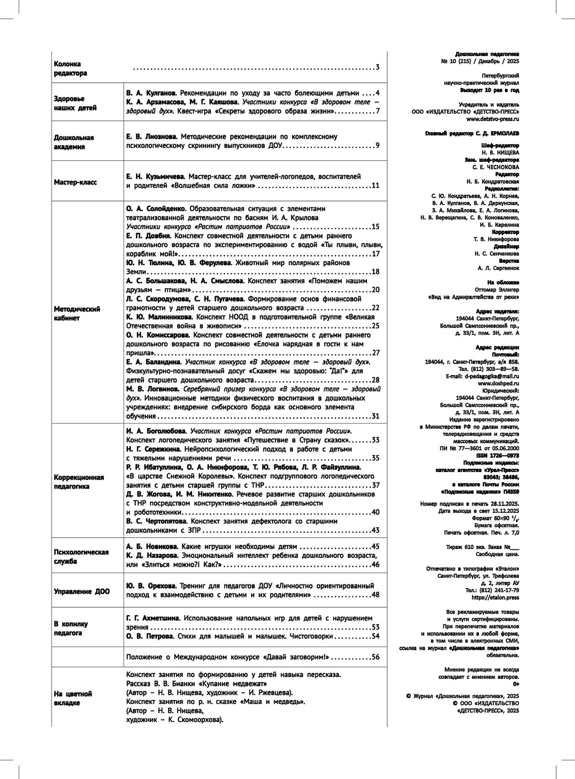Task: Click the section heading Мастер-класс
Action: tap(75, 182)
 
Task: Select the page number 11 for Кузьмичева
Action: tap(375, 186)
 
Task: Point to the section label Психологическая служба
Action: tap(81, 556)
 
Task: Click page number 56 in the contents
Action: tap(375, 657)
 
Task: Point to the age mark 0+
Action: tap(515, 684)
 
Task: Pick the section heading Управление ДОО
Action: tap(81, 591)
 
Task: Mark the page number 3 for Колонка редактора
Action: tap(378, 67)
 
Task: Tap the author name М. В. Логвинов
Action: tap(152, 389)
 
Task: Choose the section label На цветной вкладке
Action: tap(73, 699)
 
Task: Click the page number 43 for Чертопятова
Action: tap(375, 530)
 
